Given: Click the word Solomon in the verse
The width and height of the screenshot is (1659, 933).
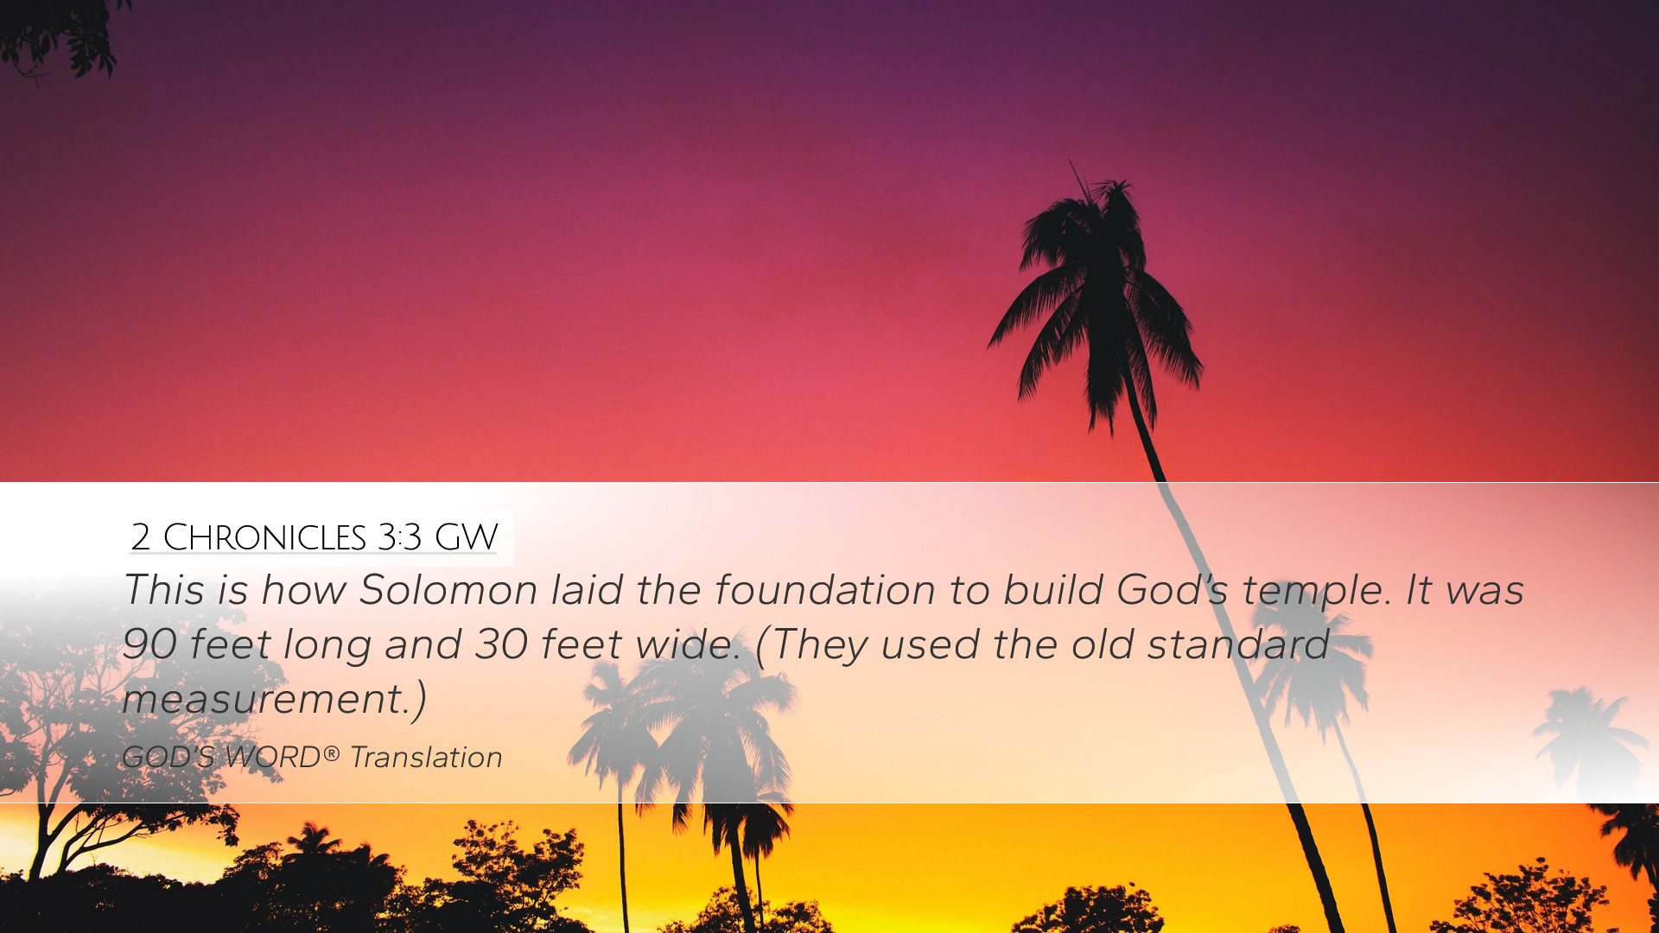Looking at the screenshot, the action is [448, 590].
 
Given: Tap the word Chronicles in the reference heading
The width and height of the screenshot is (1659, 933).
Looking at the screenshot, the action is [264, 537].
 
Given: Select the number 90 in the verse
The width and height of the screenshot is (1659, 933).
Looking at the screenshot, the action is [149, 644].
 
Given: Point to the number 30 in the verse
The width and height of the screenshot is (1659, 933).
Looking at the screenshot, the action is [501, 644].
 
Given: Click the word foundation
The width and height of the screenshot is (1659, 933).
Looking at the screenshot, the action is [825, 590].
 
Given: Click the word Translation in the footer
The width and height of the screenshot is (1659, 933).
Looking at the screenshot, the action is [426, 757].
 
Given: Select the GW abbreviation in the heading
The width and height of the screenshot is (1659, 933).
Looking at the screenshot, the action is [466, 537].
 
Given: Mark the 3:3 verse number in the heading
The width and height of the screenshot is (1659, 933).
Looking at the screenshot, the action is [399, 537].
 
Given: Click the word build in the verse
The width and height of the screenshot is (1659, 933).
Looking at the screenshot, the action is [1052, 590].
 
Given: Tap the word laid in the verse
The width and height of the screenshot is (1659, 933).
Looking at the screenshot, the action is [588, 590].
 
